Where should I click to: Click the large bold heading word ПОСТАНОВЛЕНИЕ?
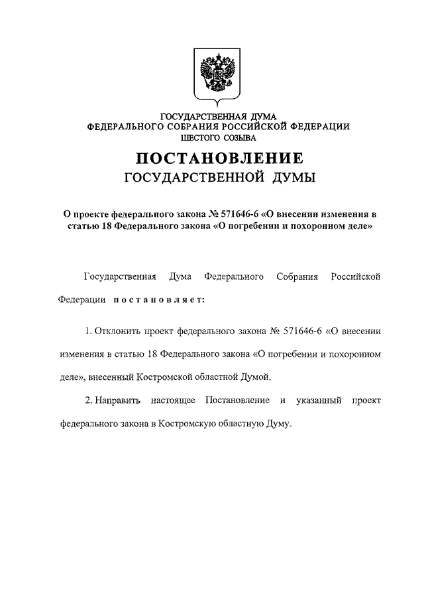219,159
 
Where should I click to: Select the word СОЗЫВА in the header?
240,137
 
